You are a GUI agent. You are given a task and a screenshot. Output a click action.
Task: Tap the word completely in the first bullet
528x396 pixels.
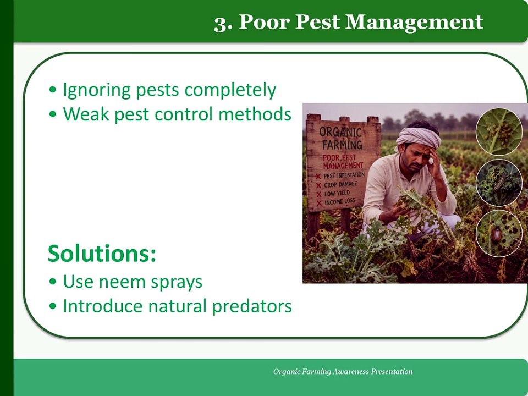point(230,91)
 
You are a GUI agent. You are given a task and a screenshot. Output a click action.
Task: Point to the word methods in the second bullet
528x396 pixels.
point(255,114)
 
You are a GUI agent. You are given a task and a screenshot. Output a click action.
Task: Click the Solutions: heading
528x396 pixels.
point(102,253)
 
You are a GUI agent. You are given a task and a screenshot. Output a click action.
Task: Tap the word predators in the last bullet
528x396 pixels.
point(252,307)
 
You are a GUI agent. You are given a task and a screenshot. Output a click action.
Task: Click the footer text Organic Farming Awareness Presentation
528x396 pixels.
point(343,372)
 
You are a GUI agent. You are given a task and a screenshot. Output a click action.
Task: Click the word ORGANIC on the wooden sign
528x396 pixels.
point(340,132)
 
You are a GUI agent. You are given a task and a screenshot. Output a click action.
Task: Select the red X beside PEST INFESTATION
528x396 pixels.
point(318,177)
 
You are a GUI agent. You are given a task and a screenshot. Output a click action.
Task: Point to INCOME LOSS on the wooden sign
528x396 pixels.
point(340,202)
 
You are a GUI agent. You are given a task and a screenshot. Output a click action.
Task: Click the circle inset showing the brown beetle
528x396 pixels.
point(499,233)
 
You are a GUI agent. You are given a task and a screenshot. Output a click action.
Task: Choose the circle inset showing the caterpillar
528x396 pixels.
point(499,183)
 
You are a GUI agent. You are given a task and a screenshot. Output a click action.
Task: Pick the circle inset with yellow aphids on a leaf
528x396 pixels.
point(499,131)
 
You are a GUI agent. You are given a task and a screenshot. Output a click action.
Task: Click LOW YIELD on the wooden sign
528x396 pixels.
point(337,194)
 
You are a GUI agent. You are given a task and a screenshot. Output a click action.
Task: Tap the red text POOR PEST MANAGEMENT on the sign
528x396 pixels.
point(343,162)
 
